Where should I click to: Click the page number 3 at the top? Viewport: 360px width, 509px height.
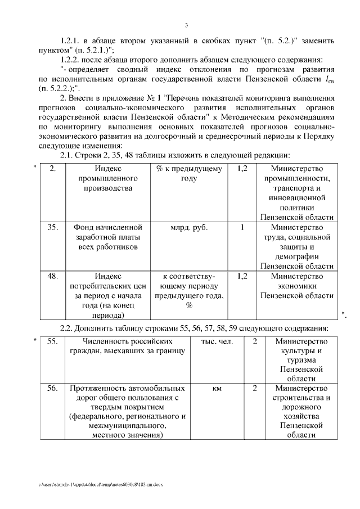coord(186,24)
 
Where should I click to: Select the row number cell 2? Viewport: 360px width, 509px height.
coord(52,169)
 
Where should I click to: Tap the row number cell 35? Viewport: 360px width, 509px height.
coord(52,228)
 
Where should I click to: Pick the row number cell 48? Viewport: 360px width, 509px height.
coord(52,276)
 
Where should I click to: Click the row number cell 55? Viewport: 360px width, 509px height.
coord(52,341)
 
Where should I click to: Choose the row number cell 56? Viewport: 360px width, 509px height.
coord(52,388)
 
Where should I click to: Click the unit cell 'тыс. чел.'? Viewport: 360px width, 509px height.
coord(217,341)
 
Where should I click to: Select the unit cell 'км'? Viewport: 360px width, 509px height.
coord(217,388)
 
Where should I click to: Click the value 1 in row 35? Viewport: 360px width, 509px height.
coord(242,228)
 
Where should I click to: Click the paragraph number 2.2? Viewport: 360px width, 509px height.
coord(68,328)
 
